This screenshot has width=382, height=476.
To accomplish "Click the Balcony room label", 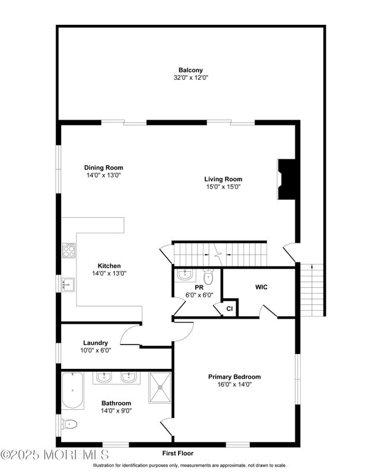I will coord(190,70).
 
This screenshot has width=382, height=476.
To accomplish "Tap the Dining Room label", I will coord(103,168).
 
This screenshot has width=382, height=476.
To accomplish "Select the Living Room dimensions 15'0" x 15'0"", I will coord(223,186).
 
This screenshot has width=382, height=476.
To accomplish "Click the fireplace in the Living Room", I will coord(288,181).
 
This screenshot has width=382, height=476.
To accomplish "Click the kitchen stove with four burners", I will coord(69,251).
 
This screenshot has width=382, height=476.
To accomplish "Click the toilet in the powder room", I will coord(208,277).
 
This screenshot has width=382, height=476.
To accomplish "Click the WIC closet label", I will coord(261,287).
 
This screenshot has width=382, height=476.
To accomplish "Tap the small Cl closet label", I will coord(229,308).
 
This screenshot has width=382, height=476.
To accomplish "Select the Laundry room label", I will coord(95,342).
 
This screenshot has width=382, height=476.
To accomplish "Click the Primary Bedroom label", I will coord(234,377).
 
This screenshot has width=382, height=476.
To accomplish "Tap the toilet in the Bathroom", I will coord(69,424).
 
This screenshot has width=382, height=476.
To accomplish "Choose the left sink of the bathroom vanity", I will coord(104,377).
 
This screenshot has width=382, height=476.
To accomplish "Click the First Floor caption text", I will coord(178,453).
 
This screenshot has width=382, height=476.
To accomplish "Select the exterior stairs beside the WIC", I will coord(311,290).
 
